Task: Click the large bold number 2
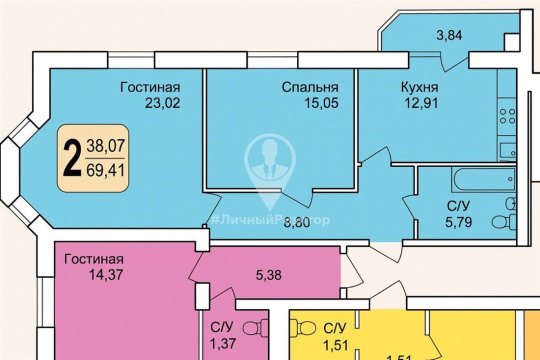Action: click(x=72, y=159)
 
